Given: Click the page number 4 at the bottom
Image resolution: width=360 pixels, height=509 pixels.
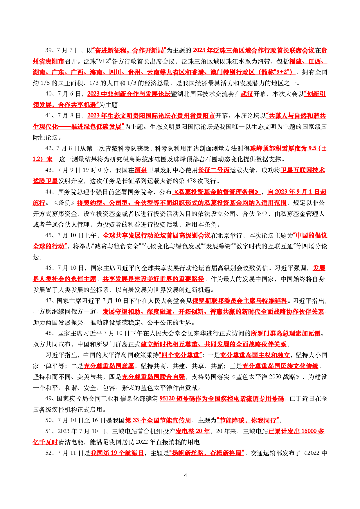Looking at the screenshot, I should (186, 475).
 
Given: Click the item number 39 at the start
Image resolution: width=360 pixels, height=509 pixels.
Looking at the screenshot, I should (48, 50).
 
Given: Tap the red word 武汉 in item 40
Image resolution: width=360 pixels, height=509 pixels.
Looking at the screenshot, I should (247, 94).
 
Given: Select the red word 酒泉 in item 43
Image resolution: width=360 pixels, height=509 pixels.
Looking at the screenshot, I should (141, 170).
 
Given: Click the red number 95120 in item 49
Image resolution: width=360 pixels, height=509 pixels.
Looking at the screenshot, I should (167, 399).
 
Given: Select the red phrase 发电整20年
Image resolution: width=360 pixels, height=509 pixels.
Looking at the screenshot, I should (192, 431).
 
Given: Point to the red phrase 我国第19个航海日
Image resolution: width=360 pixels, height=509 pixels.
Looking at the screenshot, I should (117, 453).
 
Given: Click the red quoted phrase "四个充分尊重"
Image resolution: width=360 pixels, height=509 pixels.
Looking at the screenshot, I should (180, 355).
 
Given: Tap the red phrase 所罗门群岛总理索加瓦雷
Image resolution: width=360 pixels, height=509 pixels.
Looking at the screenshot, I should (286, 333).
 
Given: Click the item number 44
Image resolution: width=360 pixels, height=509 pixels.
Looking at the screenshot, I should (48, 192).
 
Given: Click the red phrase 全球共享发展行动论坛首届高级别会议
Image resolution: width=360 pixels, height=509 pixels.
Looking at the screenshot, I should (156, 235).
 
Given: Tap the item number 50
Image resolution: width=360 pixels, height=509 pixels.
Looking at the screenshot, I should (48, 420).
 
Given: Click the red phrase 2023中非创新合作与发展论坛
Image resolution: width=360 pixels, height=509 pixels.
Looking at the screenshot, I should (129, 94).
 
